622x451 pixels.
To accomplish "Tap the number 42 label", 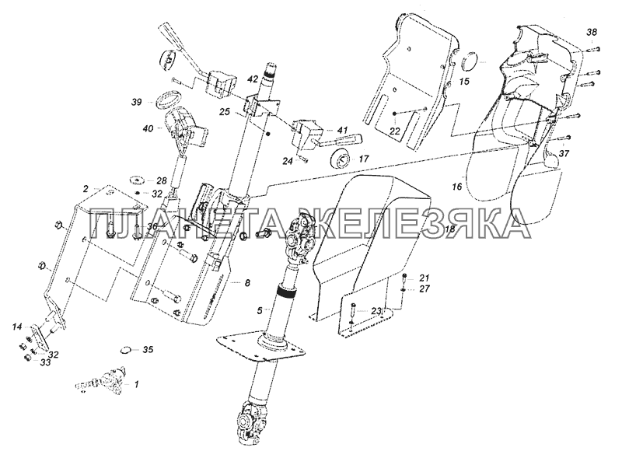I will (253, 80).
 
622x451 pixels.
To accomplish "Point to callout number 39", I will (136, 102).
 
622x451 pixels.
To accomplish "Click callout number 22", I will (395, 131).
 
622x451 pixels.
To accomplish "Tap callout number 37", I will (564, 154).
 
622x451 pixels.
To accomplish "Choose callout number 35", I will (149, 350).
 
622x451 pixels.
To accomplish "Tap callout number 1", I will (137, 383).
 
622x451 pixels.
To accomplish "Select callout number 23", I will (376, 311).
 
